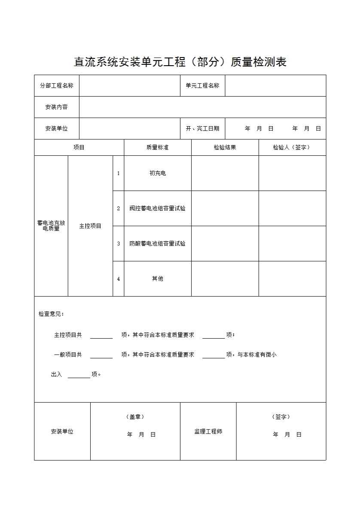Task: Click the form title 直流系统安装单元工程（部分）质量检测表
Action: pos(180,62)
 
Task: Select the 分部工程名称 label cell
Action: pos(56,85)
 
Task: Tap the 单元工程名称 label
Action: pos(202,85)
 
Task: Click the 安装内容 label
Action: pos(56,107)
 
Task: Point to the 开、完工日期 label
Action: pos(202,128)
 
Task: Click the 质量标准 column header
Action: pos(157,147)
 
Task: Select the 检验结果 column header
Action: pos(225,147)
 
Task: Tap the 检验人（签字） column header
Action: pos(292,147)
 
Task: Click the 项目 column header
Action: pos(79,147)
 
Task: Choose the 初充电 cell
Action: pos(157,173)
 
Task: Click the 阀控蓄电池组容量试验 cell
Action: pos(157,209)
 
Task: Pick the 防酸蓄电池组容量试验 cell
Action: pos(157,244)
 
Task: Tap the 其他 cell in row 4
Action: pos(157,279)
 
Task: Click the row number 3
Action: pos(118,244)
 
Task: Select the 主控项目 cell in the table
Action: pos(90,226)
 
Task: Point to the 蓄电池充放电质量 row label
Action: pos(51,226)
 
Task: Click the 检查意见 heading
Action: pos(51,314)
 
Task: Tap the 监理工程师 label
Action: pos(208,431)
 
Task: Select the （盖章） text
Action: pos(135,417)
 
